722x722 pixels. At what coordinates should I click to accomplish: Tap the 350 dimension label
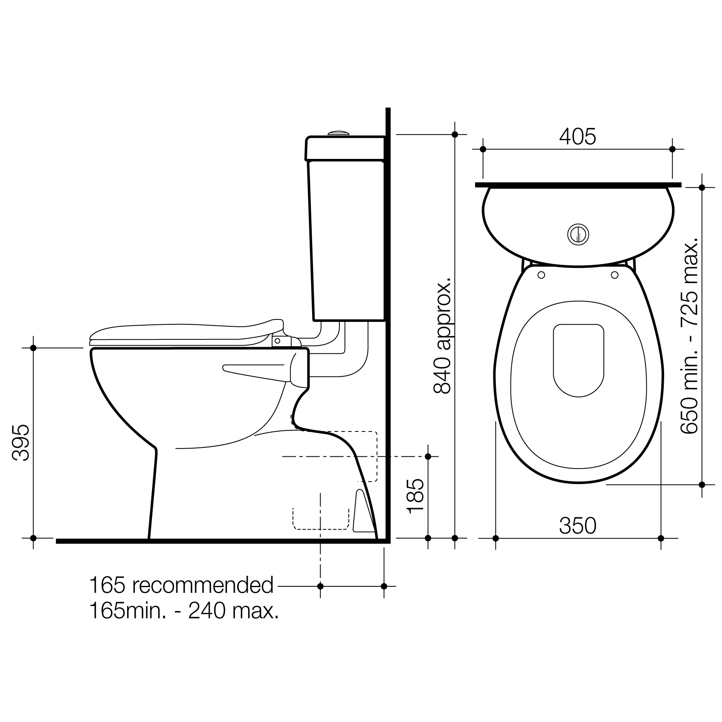tap(577, 526)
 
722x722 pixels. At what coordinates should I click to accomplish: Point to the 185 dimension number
tap(415, 496)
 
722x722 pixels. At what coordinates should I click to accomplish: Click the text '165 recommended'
tap(181, 586)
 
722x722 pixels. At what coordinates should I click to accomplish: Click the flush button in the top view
tap(578, 234)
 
